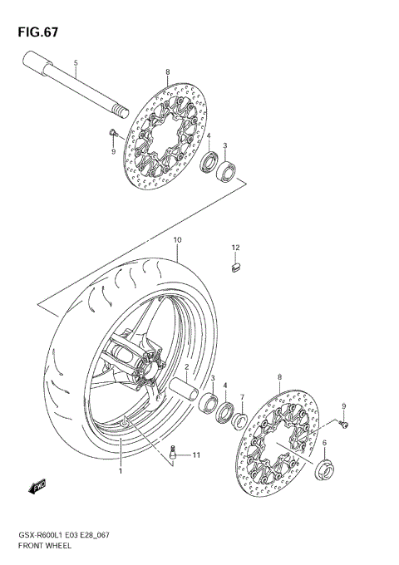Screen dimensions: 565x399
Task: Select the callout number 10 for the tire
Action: pyautogui.click(x=177, y=240)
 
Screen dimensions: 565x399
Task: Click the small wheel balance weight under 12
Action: pyautogui.click(x=235, y=267)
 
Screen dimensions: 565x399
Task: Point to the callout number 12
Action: pyautogui.click(x=235, y=248)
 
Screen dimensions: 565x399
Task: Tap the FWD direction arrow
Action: pyautogui.click(x=37, y=487)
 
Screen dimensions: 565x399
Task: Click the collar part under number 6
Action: pyautogui.click(x=324, y=473)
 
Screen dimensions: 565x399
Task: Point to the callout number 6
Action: pyautogui.click(x=324, y=444)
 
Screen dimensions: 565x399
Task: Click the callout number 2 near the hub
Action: pyautogui.click(x=187, y=366)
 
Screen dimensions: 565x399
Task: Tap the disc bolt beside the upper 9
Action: pyautogui.click(x=112, y=133)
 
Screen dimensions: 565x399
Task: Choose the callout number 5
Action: pyautogui.click(x=75, y=64)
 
